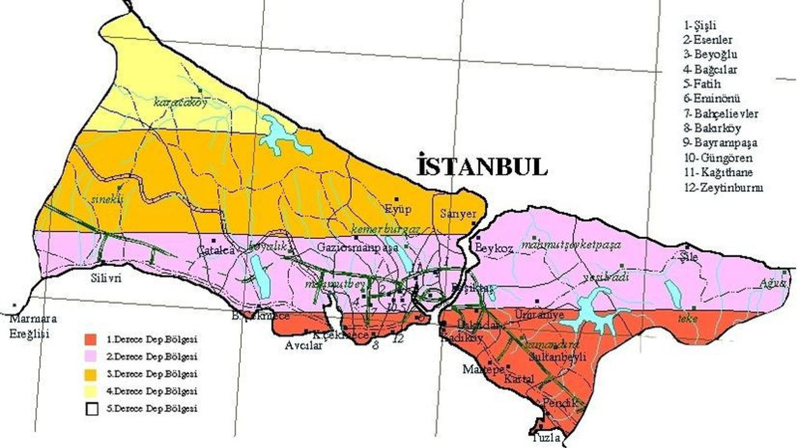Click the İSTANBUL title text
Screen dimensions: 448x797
tap(483, 166)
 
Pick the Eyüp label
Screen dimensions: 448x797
tap(398, 208)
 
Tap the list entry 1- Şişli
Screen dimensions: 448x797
tap(700, 26)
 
